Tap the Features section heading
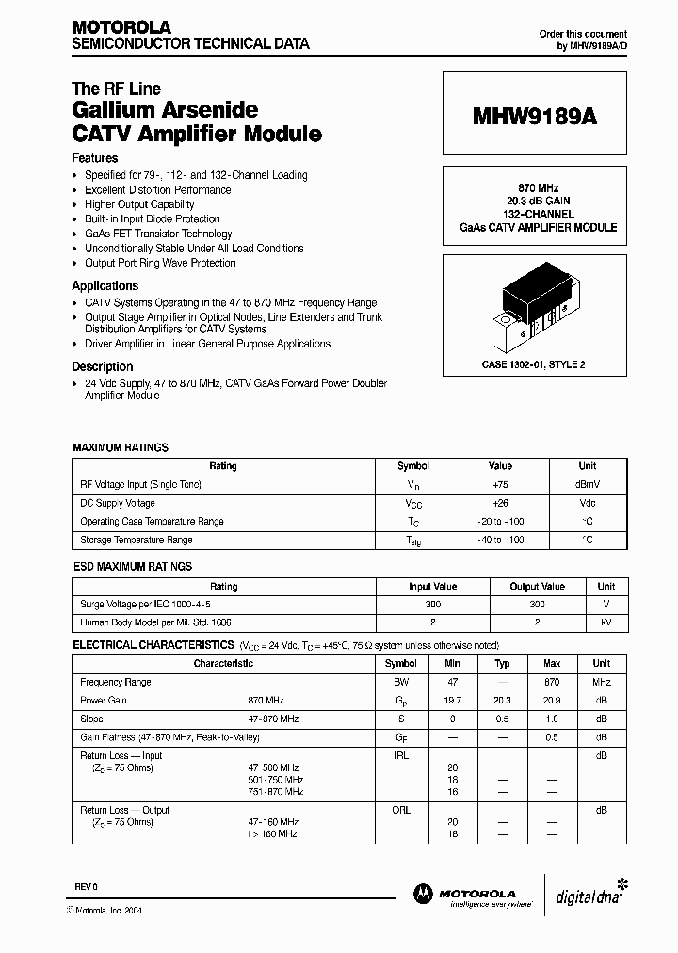tap(95, 158)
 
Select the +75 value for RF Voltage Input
tap(500, 484)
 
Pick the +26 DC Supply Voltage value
tap(500, 503)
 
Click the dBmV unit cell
tap(587, 484)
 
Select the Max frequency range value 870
tap(552, 682)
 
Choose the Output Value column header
tap(537, 586)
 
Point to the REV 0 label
tap(85, 888)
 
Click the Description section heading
tap(103, 366)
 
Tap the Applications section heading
tap(105, 285)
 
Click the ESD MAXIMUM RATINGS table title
tap(133, 567)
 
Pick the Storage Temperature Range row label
tap(137, 540)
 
